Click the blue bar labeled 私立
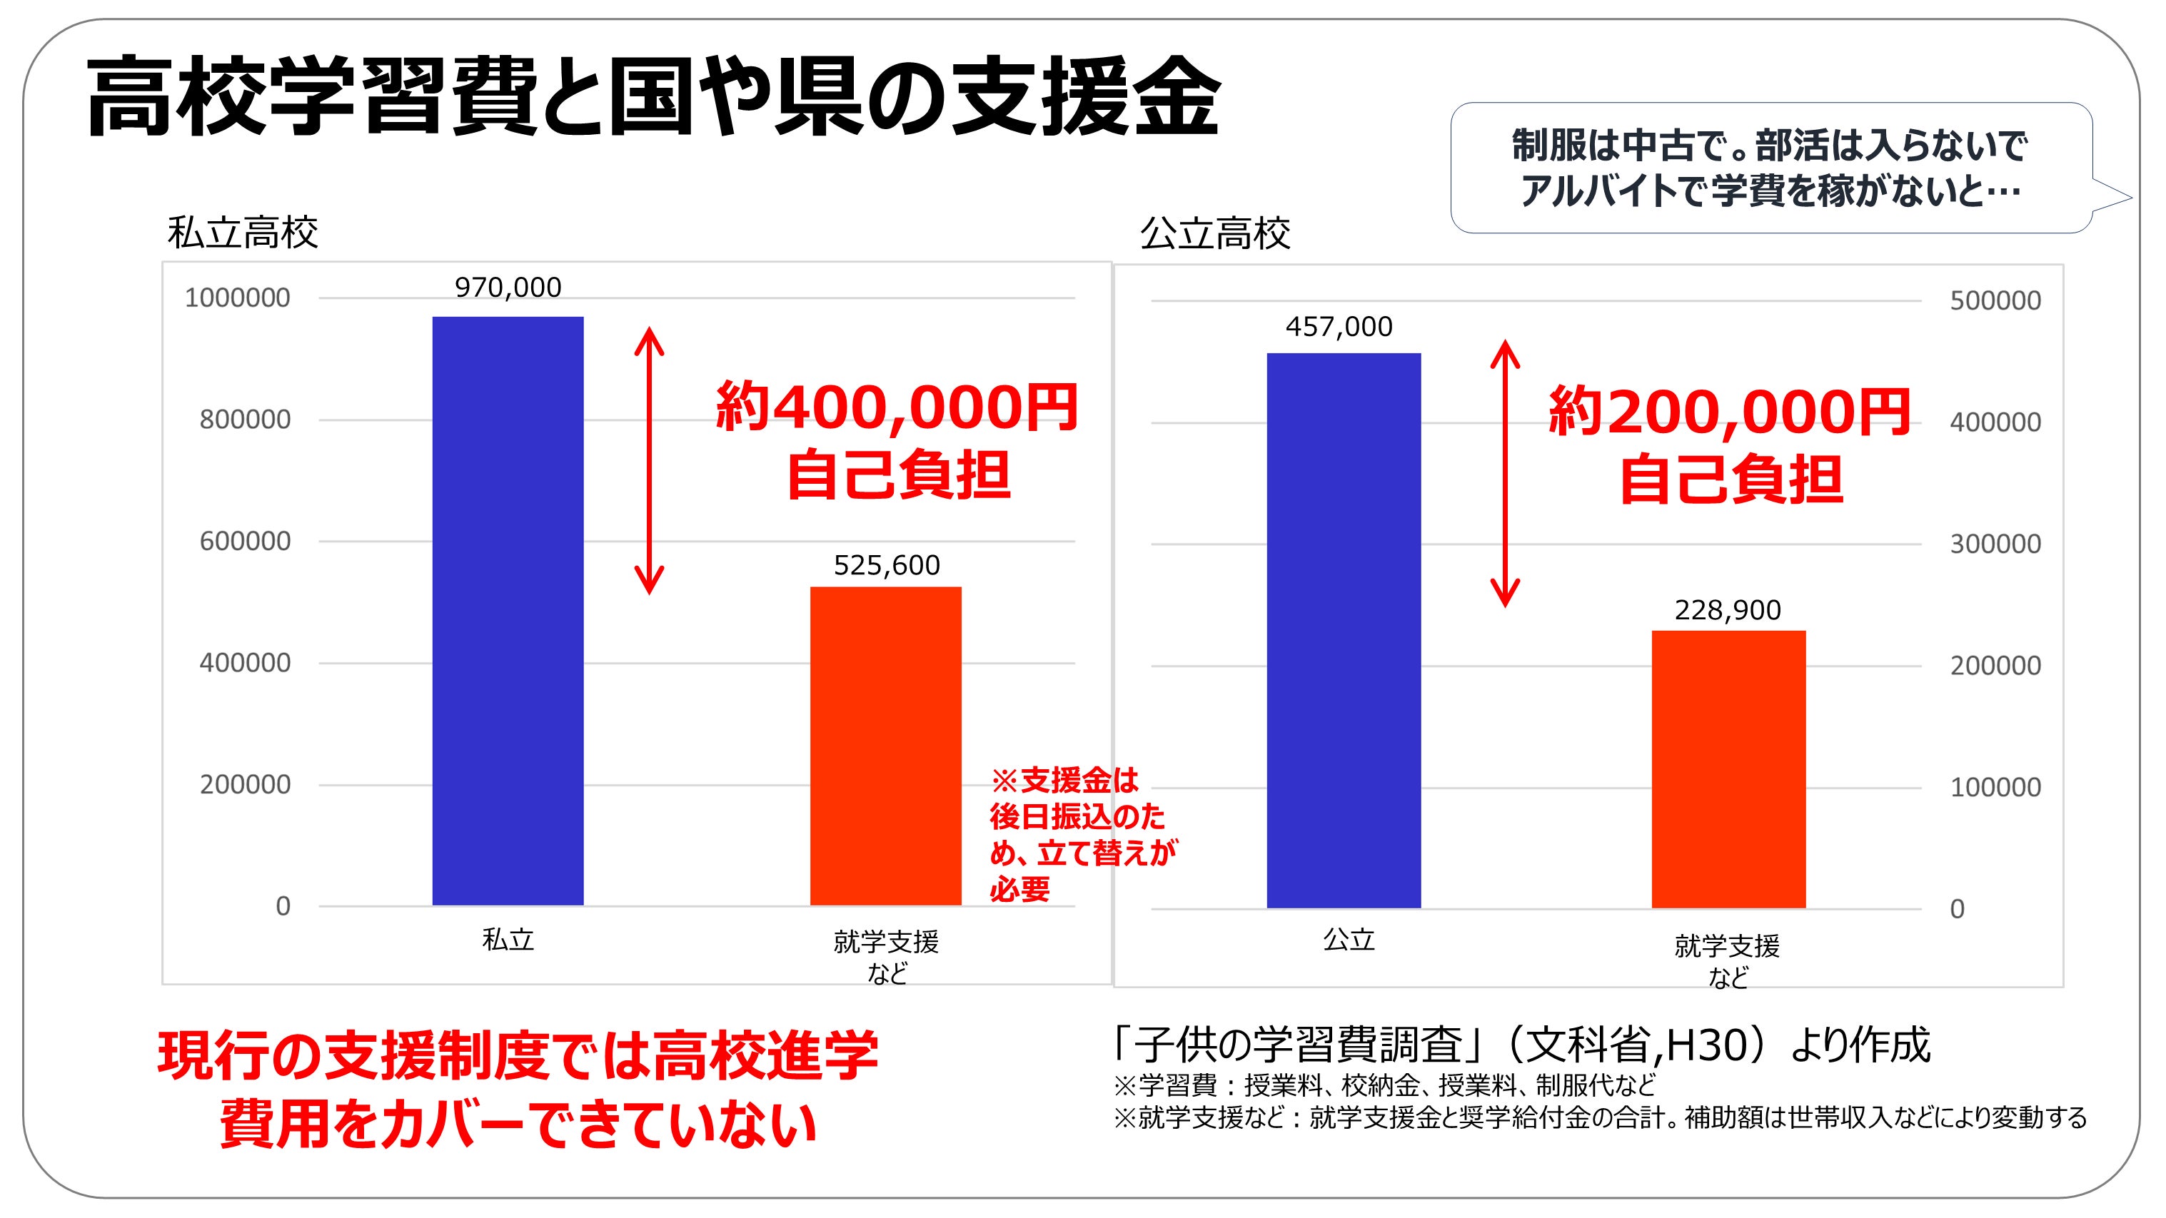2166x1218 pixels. point(508,610)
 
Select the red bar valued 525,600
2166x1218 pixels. point(885,746)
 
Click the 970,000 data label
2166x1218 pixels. point(508,288)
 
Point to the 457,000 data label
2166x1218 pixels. point(1339,326)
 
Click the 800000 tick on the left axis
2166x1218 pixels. point(245,420)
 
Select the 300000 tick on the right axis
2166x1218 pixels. point(1995,544)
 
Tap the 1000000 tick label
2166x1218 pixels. point(237,298)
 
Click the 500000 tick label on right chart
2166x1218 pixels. point(1995,300)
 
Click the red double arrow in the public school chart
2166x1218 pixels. point(1504,472)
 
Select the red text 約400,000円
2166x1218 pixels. point(897,407)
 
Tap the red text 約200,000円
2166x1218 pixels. point(1729,412)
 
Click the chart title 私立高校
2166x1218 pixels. point(242,233)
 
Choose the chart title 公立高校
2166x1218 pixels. point(1214,233)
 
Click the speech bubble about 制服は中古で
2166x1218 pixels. point(1770,168)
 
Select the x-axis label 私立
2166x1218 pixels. point(508,939)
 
